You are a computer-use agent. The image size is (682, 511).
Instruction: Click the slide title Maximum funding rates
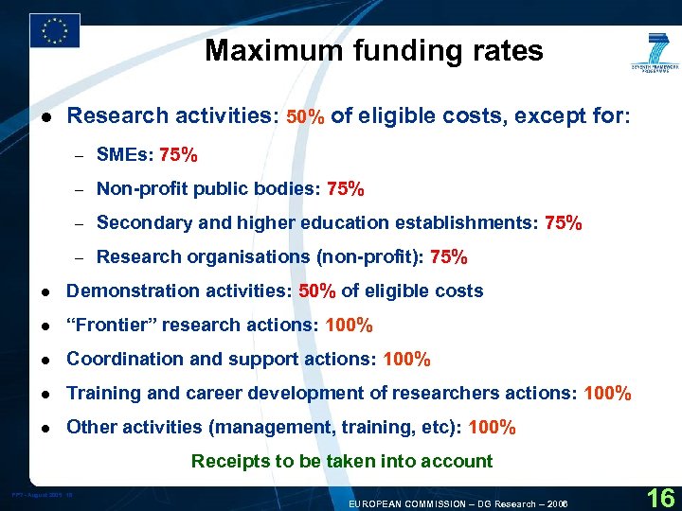pyautogui.click(x=374, y=50)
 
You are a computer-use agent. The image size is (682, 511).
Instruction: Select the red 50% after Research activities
pyautogui.click(x=306, y=117)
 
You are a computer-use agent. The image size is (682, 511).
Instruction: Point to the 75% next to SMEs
pyautogui.click(x=179, y=154)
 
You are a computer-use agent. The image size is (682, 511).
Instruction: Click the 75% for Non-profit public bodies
pyautogui.click(x=345, y=189)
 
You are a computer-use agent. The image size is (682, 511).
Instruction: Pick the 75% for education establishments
pyautogui.click(x=564, y=223)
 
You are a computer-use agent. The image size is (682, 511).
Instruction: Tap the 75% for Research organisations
pyautogui.click(x=448, y=257)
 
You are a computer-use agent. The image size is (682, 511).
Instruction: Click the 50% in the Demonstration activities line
pyautogui.click(x=317, y=291)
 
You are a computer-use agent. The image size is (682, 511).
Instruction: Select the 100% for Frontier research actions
pyautogui.click(x=349, y=326)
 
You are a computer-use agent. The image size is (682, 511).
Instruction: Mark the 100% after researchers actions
pyautogui.click(x=608, y=394)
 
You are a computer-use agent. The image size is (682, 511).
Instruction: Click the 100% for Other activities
pyautogui.click(x=492, y=428)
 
